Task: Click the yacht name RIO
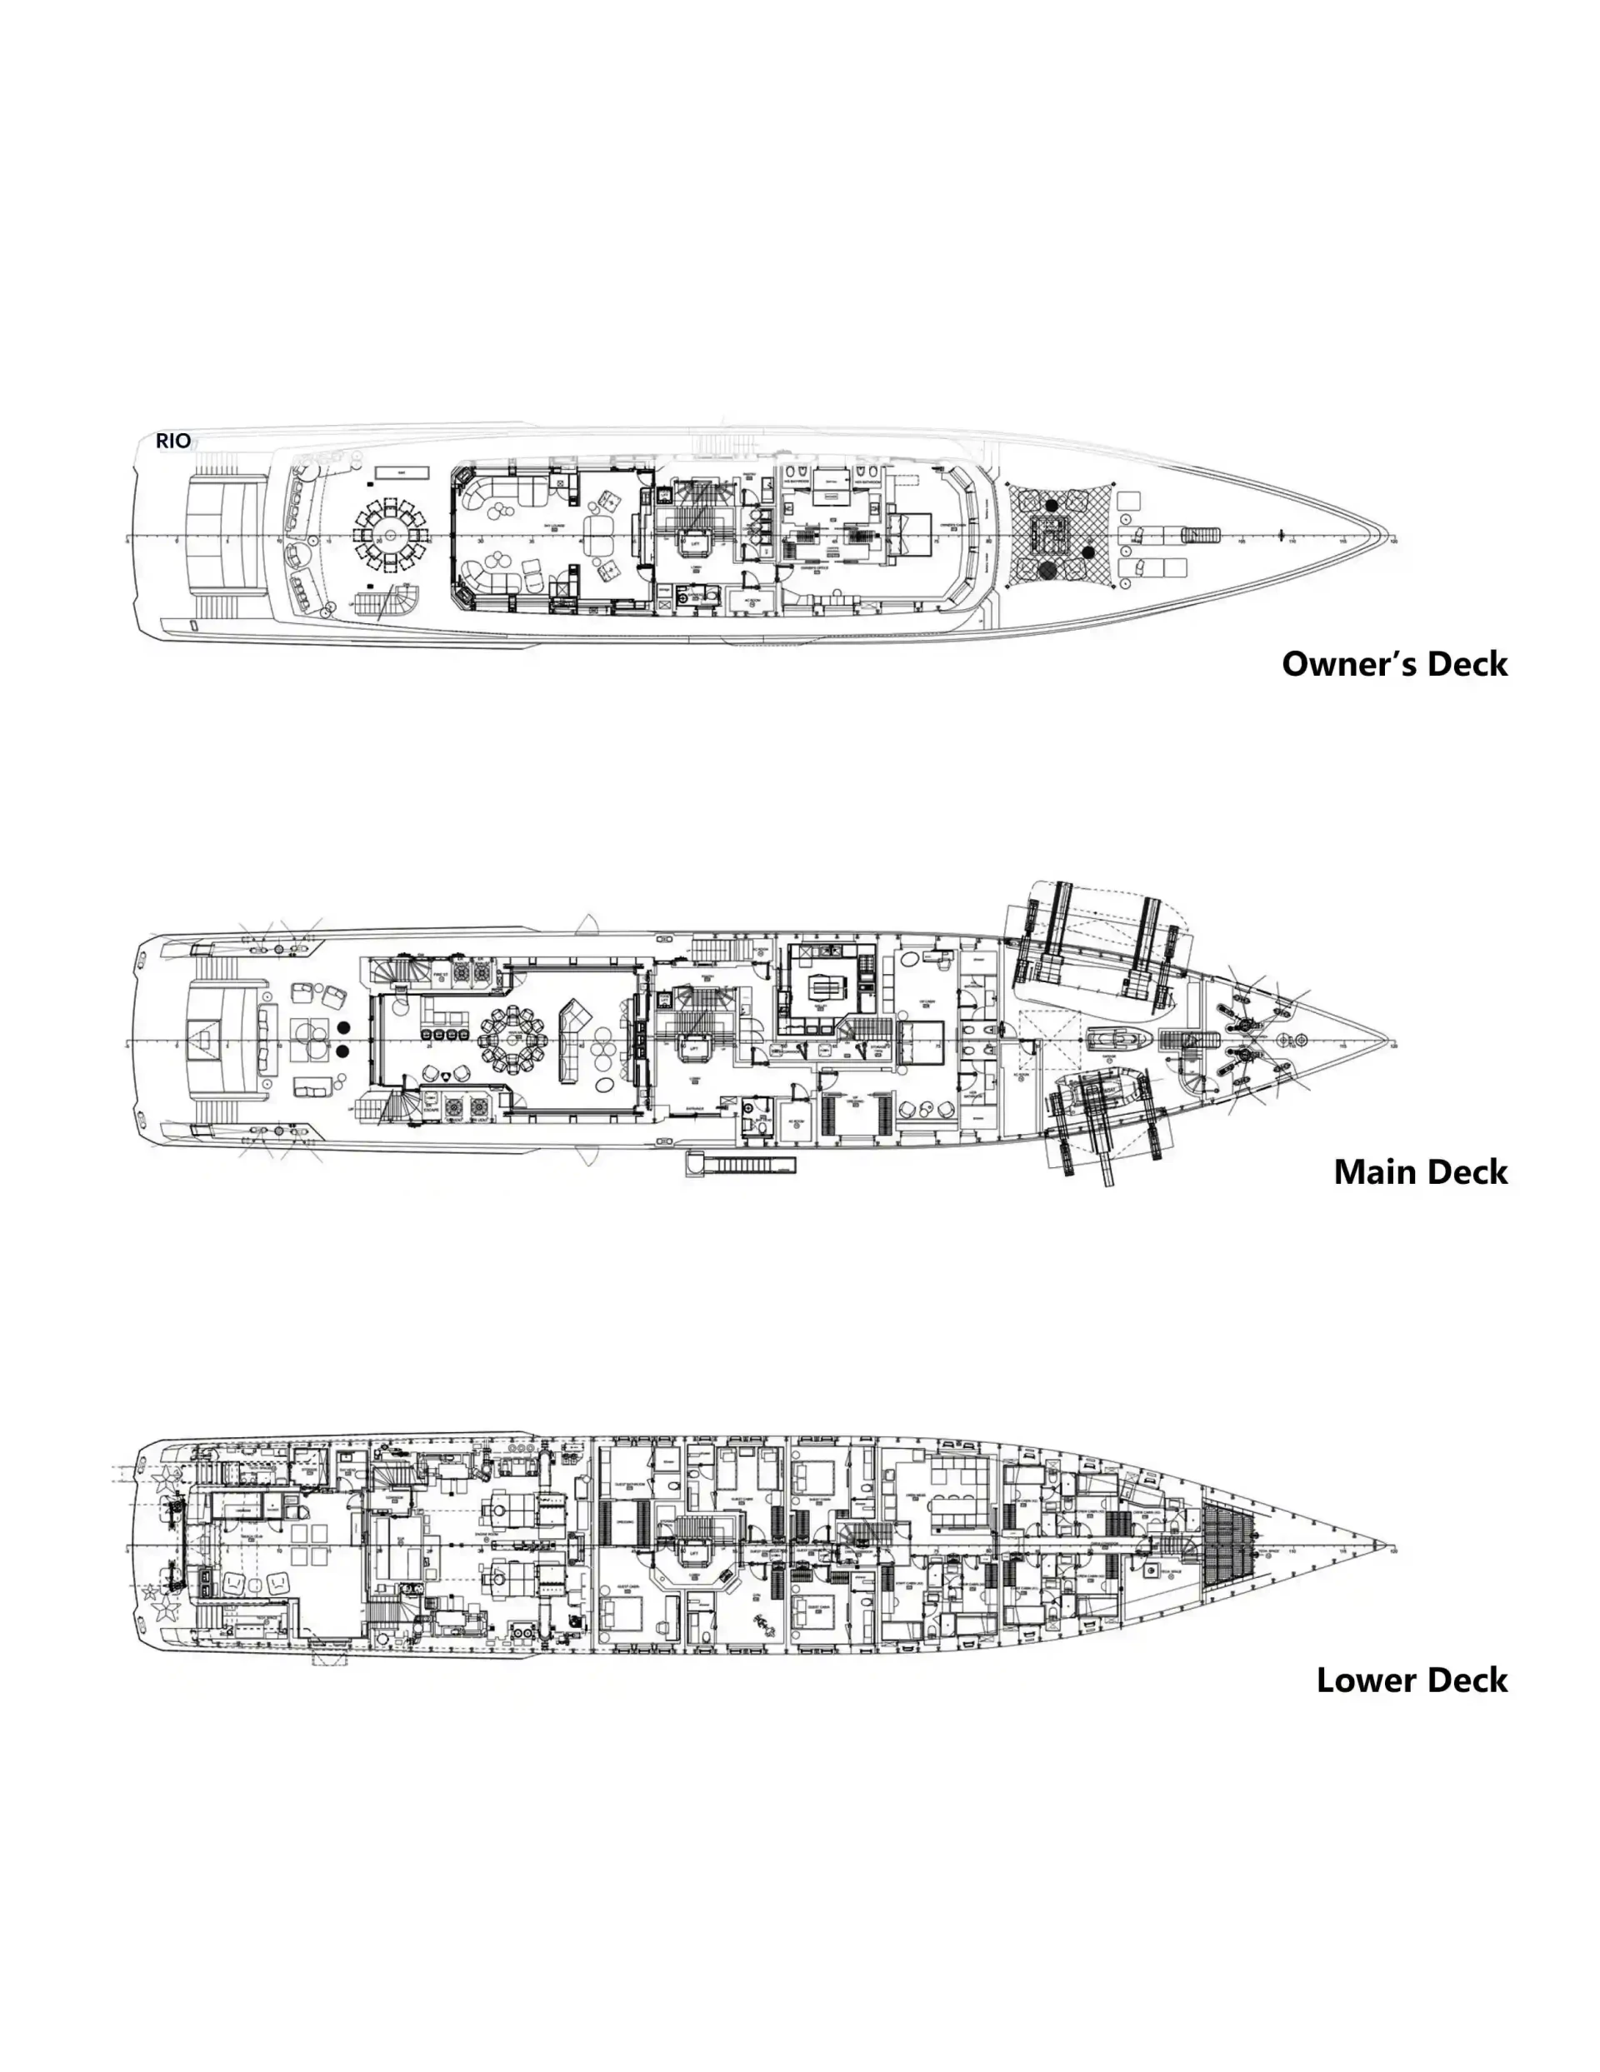coord(172,440)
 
